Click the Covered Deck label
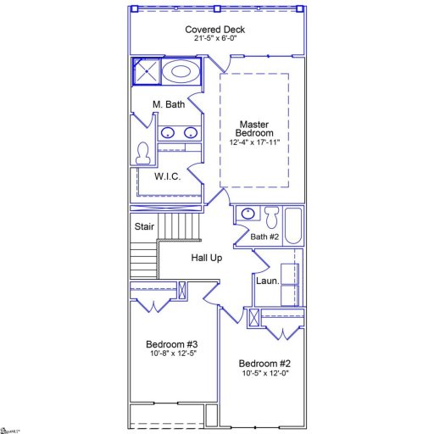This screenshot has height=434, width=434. click(216, 30)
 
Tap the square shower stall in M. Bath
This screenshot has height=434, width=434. click(146, 72)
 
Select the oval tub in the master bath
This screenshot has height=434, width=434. click(180, 71)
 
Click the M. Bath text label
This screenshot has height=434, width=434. click(169, 104)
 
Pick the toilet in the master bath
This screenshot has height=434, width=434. click(143, 153)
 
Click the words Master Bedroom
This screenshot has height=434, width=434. click(255, 129)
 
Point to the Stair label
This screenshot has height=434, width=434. click(145, 226)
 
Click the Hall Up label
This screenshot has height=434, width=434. click(206, 258)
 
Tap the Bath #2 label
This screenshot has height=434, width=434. click(264, 236)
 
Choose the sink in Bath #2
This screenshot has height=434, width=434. click(248, 214)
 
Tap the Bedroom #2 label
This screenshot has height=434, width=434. click(264, 362)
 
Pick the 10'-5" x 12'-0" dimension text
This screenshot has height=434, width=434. click(264, 373)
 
